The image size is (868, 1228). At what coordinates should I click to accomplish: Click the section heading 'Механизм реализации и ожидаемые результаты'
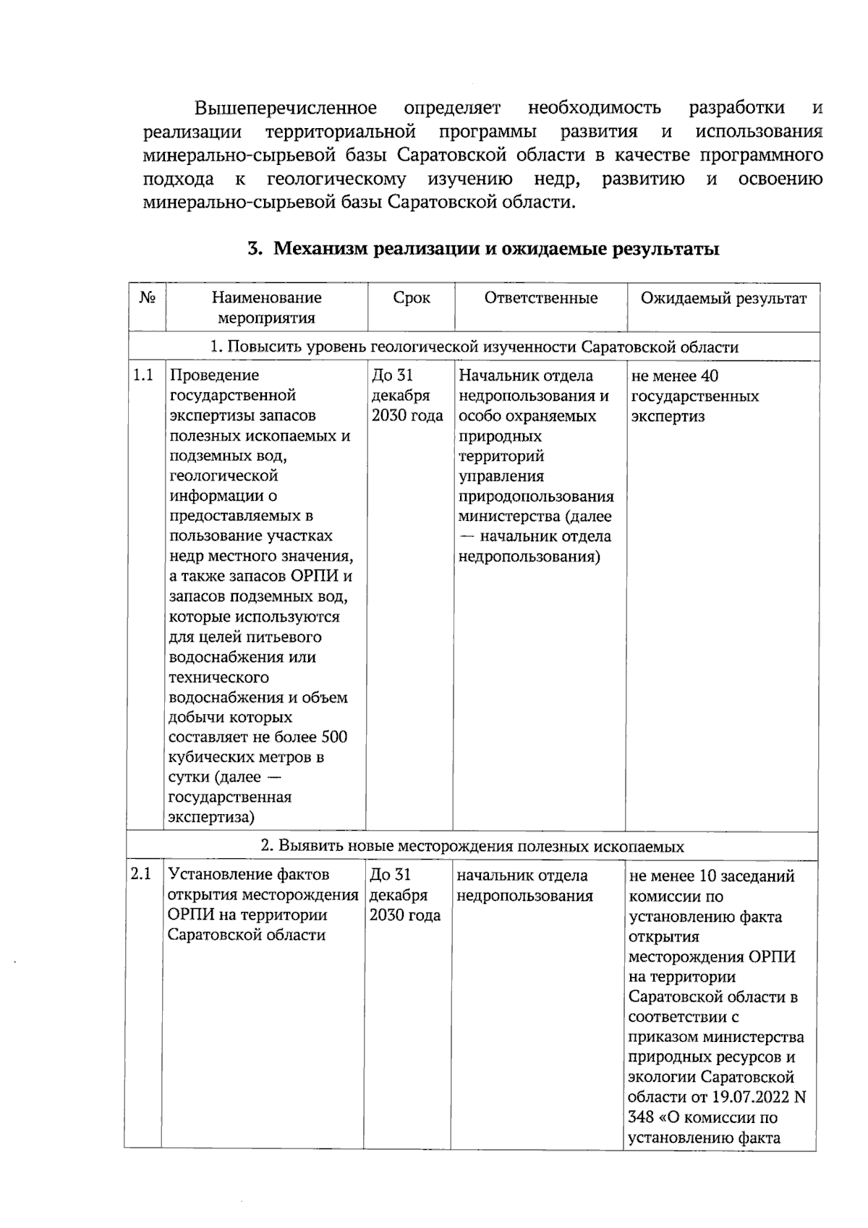click(x=483, y=250)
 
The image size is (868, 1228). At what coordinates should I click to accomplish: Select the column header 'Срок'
click(x=411, y=298)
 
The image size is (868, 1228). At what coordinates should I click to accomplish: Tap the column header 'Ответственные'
click(x=540, y=298)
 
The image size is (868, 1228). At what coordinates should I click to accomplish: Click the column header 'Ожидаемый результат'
click(x=723, y=298)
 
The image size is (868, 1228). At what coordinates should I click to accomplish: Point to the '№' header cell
click(x=148, y=297)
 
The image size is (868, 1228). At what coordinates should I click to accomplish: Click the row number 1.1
click(x=143, y=376)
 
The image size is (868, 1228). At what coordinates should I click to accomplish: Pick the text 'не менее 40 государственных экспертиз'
click(x=695, y=396)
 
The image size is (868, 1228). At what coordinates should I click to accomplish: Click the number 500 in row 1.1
click(x=333, y=737)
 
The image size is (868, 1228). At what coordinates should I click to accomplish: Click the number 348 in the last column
click(x=641, y=1117)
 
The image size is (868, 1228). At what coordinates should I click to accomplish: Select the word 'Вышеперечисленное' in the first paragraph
click(x=286, y=109)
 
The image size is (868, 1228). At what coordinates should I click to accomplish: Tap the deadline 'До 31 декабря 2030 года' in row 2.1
click(x=404, y=895)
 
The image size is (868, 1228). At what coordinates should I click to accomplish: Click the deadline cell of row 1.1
click(x=407, y=395)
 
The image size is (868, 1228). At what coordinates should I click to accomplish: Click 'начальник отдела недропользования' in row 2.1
click(x=524, y=886)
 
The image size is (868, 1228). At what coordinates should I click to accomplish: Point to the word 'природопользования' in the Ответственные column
click(x=536, y=496)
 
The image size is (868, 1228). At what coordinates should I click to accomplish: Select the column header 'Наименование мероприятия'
click(x=266, y=308)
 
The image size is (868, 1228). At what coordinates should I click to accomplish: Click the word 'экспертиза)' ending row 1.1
click(x=211, y=818)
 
